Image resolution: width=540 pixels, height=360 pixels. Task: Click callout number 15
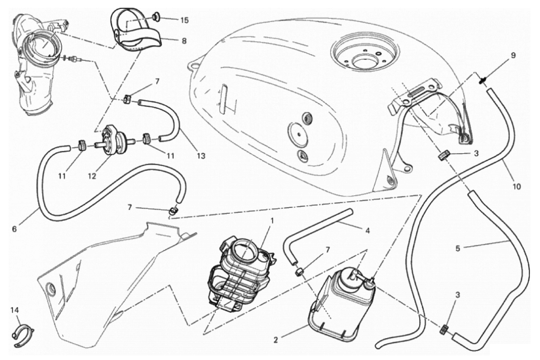tap(184, 20)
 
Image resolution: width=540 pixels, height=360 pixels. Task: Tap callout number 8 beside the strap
tap(184, 41)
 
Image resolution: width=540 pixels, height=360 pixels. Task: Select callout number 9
tap(513, 55)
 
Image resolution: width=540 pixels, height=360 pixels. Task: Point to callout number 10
tap(516, 186)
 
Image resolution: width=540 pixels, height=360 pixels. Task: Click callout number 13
tap(201, 156)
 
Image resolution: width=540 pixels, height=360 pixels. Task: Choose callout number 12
tap(92, 176)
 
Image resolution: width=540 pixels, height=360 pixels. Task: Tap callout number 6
tap(15, 229)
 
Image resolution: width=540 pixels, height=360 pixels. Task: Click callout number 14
tap(15, 310)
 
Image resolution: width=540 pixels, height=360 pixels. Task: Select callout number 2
tap(276, 340)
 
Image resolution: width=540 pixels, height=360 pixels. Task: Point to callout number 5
tap(458, 248)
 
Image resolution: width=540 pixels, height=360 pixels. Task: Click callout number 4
tap(367, 231)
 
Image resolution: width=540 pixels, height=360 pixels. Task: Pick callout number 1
tap(272, 221)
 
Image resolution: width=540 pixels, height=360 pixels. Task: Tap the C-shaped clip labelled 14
tap(22, 334)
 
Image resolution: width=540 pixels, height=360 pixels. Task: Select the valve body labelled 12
tap(112, 141)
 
